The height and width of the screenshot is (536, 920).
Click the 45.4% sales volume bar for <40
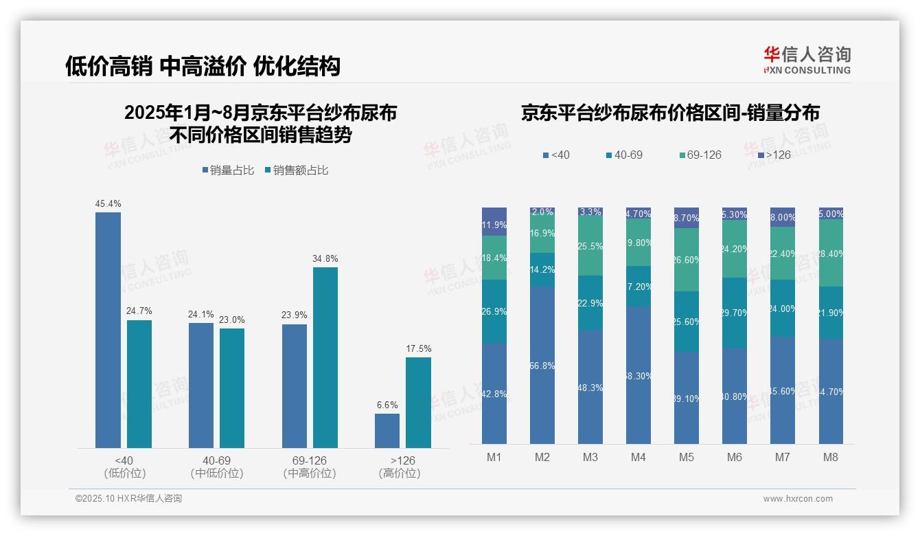coord(108,330)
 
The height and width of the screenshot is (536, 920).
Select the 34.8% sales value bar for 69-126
coord(325,357)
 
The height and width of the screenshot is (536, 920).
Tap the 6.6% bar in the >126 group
coord(387,431)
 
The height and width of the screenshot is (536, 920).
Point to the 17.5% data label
coord(418,348)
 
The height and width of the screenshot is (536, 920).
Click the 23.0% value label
coord(232,320)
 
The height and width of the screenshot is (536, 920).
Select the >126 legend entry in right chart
coord(773,155)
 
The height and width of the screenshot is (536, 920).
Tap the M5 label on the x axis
coord(687,457)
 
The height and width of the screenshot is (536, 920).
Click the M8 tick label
coord(831,457)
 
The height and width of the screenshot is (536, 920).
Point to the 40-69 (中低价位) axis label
coord(216,467)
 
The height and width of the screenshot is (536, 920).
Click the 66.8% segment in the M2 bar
coord(542,366)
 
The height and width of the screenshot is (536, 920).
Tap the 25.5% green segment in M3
coord(590,247)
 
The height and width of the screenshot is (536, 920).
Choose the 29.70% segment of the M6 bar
coord(735,313)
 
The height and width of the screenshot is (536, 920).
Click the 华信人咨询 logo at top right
coord(807,60)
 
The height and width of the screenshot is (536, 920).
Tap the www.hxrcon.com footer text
coord(798,499)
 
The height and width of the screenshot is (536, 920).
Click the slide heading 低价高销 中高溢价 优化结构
coord(203,66)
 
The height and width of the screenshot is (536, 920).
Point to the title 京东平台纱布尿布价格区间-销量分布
coord(670,113)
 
